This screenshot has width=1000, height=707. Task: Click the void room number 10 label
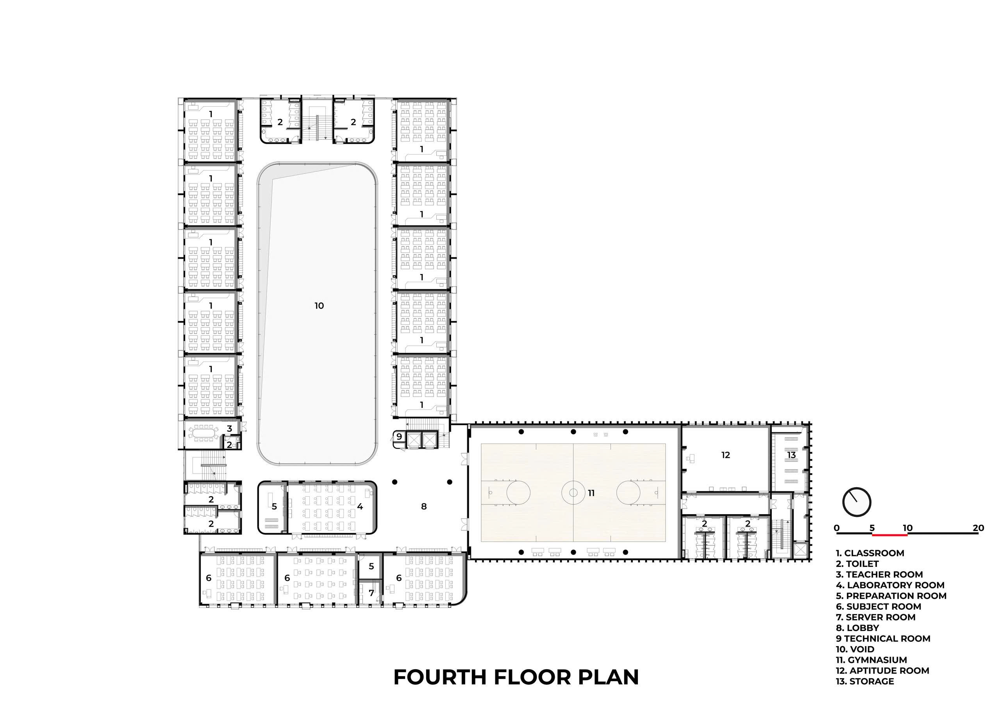coord(319,306)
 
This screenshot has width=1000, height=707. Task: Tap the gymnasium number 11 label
coord(591,493)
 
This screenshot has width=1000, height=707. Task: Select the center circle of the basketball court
coord(573,493)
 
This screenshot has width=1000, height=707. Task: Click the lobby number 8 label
coord(424,507)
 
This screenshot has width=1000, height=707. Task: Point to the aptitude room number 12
coord(726,455)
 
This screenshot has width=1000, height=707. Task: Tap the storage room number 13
coord(791,455)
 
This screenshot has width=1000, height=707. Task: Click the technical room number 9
coord(399,436)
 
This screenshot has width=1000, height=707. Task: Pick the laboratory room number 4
coord(360,507)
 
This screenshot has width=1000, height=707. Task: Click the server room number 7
coord(371,593)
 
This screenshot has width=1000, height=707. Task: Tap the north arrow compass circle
coord(857,502)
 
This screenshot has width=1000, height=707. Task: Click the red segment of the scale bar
coord(890,534)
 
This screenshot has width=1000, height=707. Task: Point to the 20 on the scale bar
coord(978,528)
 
